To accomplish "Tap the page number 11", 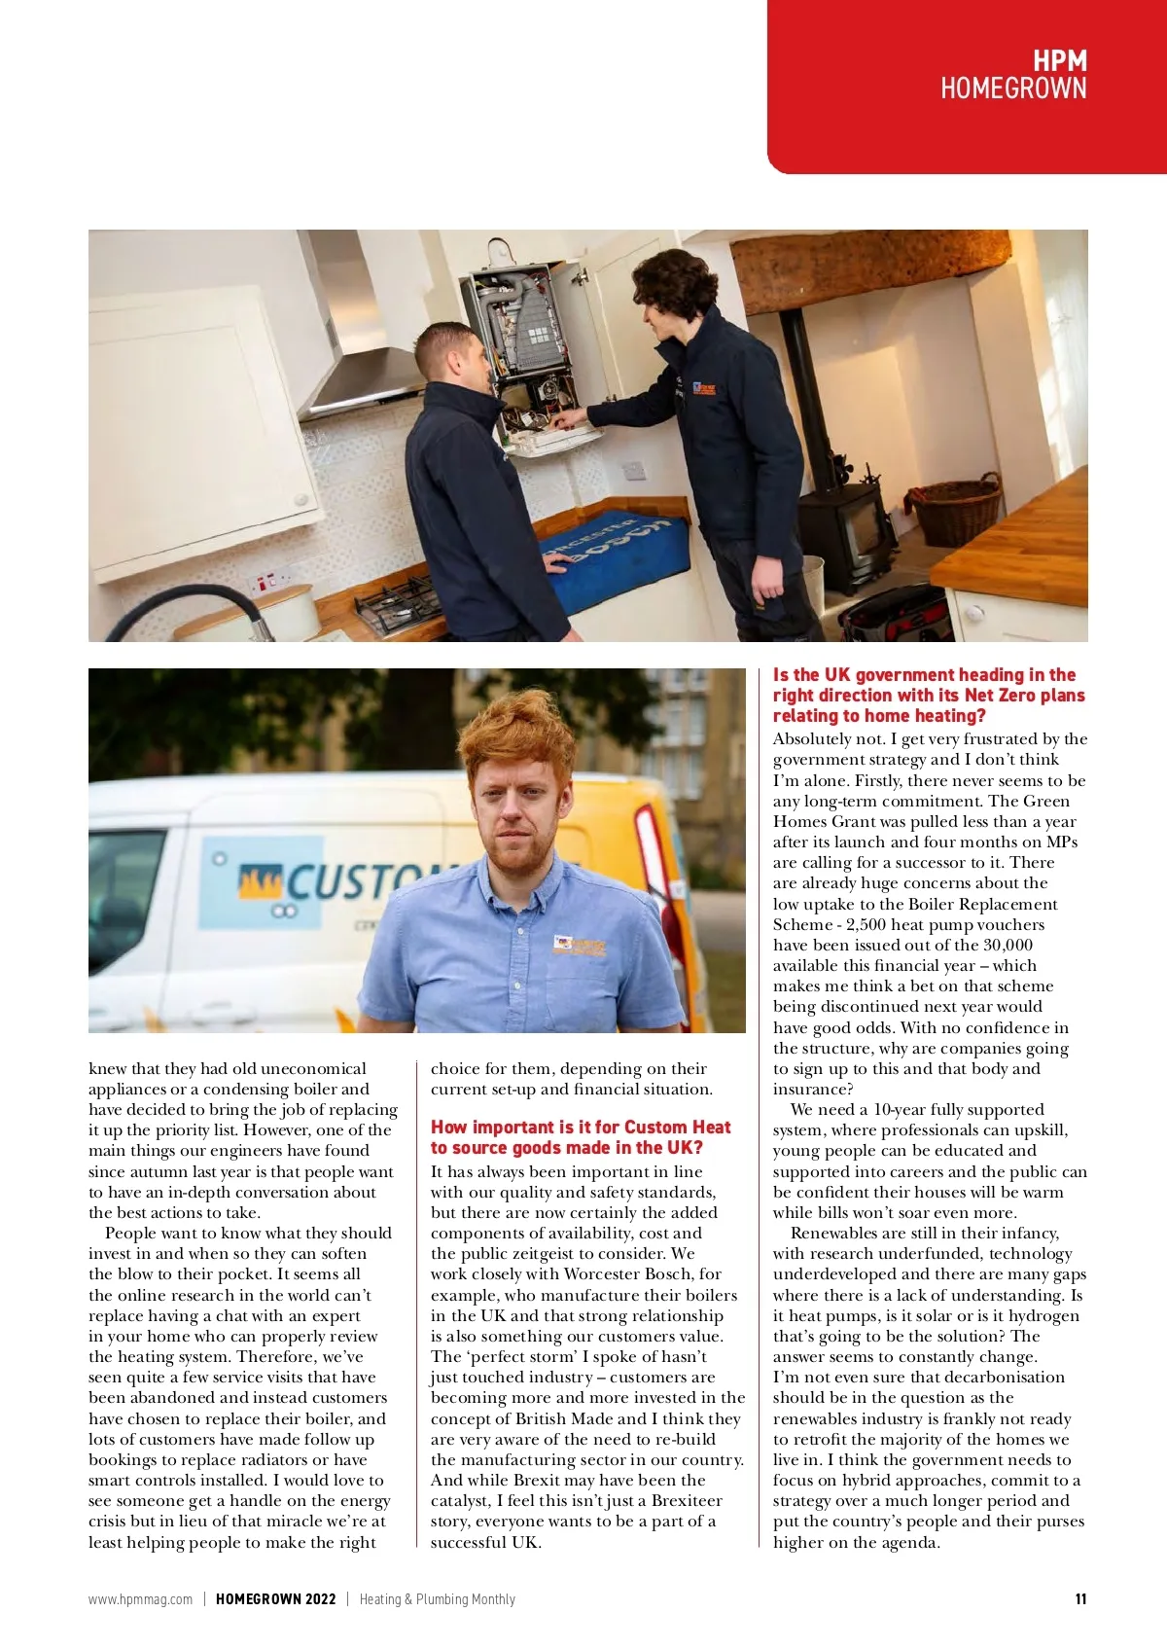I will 1080,1599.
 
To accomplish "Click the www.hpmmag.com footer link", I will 140,1599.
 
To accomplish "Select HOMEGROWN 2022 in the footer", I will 276,1599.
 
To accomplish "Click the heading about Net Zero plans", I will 928,695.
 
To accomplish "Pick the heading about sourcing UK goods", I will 581,1137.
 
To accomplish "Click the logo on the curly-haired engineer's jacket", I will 704,388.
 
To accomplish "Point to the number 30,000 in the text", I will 1008,945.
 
